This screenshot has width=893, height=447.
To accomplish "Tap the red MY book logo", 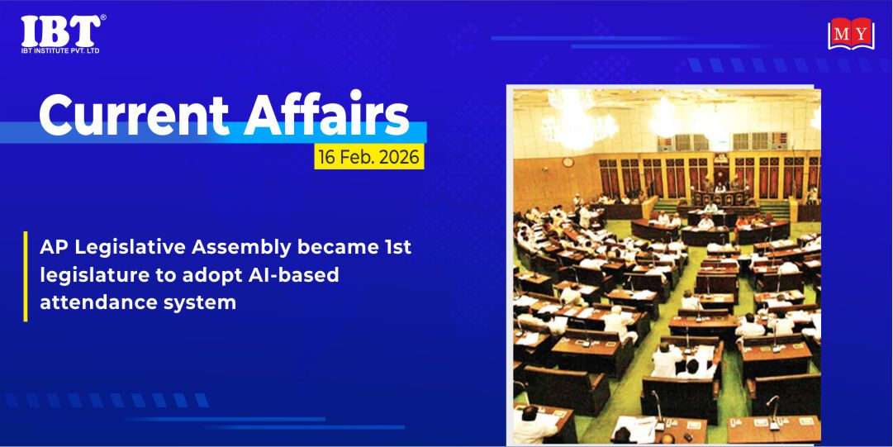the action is point(851,34).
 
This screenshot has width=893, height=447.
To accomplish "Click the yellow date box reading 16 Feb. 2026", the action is point(369,157).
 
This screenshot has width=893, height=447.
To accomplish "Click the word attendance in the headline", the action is point(93,302).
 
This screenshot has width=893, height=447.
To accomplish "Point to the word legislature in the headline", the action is point(88,276).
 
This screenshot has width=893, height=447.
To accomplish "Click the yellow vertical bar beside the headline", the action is point(25,276).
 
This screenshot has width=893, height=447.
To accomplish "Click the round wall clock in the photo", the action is point(568,162).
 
